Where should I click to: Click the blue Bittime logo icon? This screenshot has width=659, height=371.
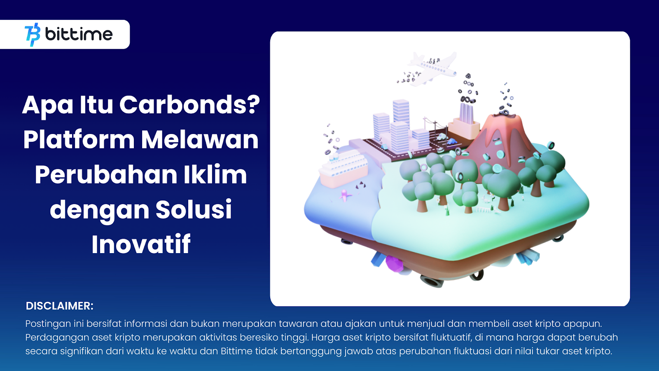[33, 35]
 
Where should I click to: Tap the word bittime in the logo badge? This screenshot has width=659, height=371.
[79, 34]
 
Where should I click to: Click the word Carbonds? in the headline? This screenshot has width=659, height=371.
[189, 105]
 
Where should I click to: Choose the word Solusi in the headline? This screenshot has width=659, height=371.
[193, 209]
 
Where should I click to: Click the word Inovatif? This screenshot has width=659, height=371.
[141, 244]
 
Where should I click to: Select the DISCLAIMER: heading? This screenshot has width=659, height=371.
[59, 306]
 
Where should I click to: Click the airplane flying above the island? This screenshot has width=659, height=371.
[432, 69]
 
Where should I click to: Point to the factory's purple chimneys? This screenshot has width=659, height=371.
[467, 113]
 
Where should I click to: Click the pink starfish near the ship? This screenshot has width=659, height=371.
[345, 195]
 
